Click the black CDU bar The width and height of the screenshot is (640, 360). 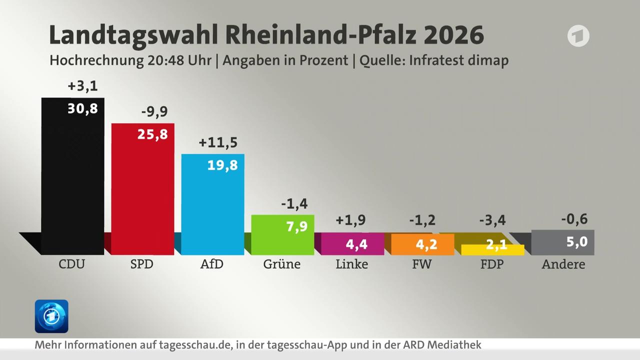tap(73, 180)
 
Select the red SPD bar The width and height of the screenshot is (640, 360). tap(142, 192)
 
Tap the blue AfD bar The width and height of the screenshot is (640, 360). tap(212, 207)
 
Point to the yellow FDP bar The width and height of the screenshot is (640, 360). tap(492, 249)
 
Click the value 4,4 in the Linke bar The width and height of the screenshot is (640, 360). tap(356, 245)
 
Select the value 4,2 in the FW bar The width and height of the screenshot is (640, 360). tap(426, 245)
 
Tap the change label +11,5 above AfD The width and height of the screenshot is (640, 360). tap(218, 142)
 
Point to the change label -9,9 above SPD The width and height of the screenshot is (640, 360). tap(154, 112)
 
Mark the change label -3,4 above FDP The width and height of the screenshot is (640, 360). tap(492, 219)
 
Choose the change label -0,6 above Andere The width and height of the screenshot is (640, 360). tap(573, 219)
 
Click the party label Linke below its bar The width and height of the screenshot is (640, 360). tap(351, 264)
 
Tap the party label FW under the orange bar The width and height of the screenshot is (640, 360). tap(421, 264)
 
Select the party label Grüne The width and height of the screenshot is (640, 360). tap(282, 264)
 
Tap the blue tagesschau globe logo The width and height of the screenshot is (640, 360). tap(51, 316)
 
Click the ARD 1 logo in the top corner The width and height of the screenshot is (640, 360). tap(578, 36)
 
